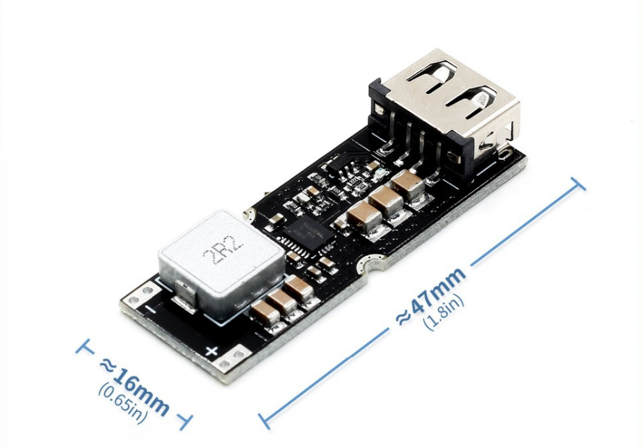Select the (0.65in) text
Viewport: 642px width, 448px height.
123,403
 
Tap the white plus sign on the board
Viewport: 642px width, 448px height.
210,351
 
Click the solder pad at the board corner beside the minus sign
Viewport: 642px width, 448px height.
134,295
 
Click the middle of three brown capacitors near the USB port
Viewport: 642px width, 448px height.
385,200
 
